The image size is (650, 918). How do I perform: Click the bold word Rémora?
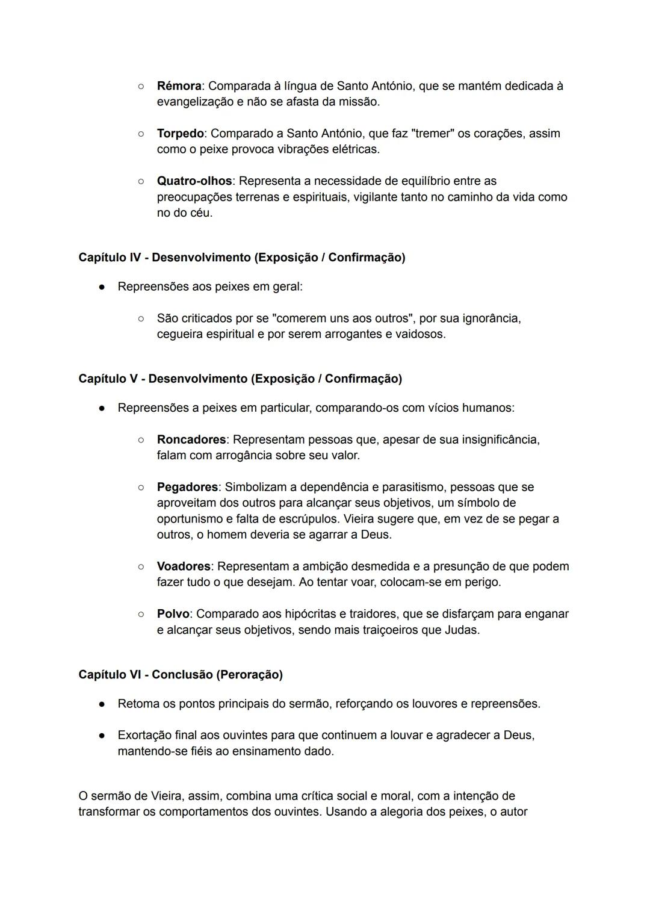point(179,86)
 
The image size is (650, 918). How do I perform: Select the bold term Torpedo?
point(180,133)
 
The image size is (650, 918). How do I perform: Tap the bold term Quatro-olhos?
point(194,181)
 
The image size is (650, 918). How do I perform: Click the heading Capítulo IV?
point(241,258)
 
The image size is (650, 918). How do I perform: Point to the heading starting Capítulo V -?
point(240,379)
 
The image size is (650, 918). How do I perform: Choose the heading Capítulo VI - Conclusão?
point(180,675)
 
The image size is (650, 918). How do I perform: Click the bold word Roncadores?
point(191,439)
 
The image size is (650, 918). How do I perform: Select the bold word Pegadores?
point(187,487)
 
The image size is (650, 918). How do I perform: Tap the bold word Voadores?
point(184,566)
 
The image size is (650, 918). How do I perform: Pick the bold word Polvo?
point(173,614)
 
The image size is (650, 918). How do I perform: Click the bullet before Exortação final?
point(103,736)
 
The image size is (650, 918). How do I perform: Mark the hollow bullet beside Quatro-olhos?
point(140,181)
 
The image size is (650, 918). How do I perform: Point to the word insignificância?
point(500,439)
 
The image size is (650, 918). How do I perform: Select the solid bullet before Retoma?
point(103,704)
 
